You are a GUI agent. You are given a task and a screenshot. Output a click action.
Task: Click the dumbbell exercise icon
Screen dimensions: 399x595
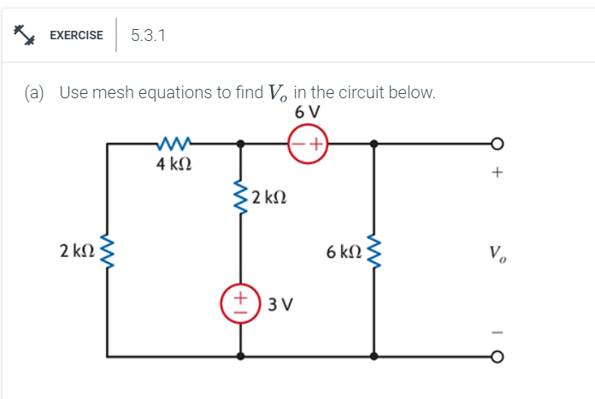coord(23,35)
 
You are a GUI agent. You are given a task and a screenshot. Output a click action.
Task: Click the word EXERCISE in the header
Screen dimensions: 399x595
coord(76,35)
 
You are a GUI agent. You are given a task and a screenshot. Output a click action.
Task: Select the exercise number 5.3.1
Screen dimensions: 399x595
coord(149,35)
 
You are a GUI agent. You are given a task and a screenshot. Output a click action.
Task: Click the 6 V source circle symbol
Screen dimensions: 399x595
coord(307,144)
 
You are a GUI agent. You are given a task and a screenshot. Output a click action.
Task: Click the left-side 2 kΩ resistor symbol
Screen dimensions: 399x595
coord(107,252)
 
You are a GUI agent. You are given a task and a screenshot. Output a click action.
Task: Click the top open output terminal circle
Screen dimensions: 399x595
coord(495,144)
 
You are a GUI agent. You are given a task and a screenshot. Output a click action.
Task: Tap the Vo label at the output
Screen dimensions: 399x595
coord(496,253)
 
